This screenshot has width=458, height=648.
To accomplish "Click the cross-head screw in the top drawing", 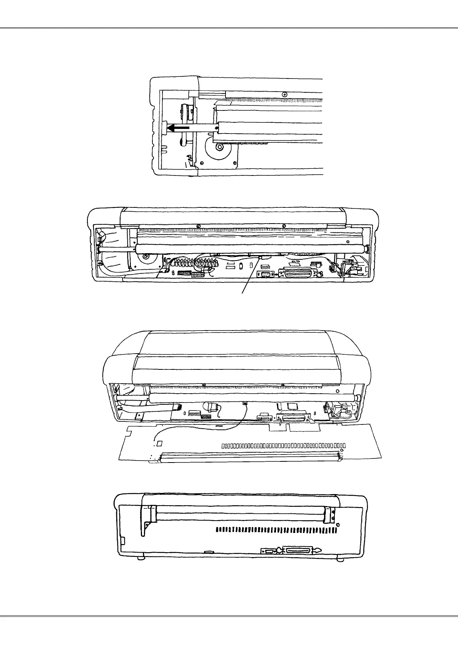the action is tap(284, 94).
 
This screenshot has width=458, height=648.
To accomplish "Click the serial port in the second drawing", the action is tap(266, 274).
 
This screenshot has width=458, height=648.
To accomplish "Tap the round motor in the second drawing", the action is tap(145, 257).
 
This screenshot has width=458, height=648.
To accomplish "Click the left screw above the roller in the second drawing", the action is tap(198, 226).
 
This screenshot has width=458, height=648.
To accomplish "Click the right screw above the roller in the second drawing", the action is tap(284, 226).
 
